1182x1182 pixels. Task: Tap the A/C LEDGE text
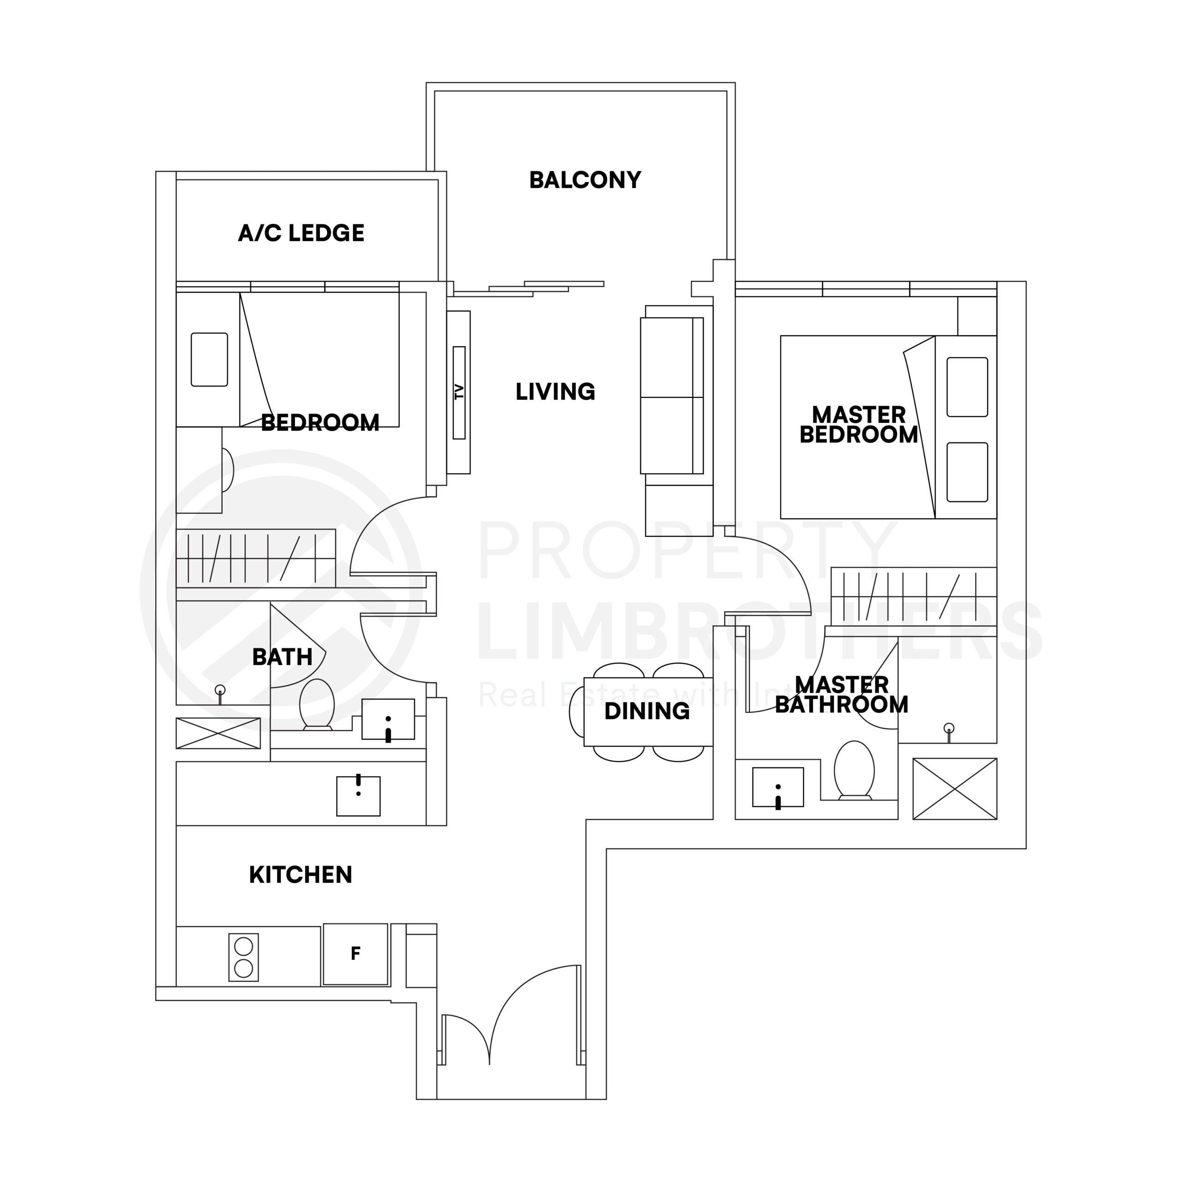(301, 233)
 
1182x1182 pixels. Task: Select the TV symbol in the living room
(459, 392)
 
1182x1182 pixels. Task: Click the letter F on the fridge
(356, 953)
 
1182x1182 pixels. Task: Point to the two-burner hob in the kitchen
(243, 958)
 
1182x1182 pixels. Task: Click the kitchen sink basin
(358, 796)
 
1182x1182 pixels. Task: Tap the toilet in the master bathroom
(855, 770)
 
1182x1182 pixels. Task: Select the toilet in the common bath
(317, 704)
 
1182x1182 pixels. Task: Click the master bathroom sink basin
(778, 787)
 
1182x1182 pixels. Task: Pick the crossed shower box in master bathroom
(954, 789)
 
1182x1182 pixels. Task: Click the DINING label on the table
(647, 711)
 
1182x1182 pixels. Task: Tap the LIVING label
(555, 392)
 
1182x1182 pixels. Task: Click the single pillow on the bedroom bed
(209, 360)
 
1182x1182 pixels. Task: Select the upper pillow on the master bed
(967, 386)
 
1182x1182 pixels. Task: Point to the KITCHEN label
(301, 875)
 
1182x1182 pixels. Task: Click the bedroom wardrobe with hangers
(256, 558)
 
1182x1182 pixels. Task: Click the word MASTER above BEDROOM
(858, 415)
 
